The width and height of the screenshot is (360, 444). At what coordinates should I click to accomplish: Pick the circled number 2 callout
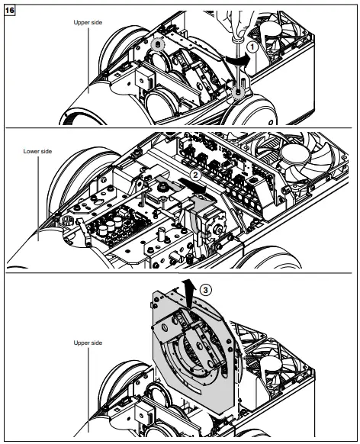coord(195,173)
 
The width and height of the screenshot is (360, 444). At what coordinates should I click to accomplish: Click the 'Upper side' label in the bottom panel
coord(88,344)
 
